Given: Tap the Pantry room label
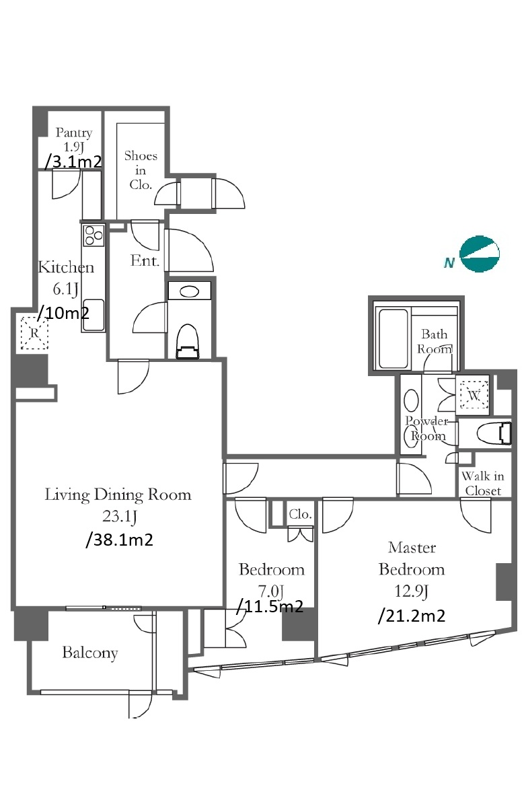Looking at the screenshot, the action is click(x=74, y=133).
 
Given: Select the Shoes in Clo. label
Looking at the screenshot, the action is click(x=141, y=170).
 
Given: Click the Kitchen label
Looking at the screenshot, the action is click(x=66, y=267).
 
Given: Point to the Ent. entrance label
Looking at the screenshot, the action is click(x=145, y=261).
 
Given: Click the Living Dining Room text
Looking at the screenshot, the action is click(x=118, y=495).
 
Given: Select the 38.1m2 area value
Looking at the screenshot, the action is click(x=120, y=540).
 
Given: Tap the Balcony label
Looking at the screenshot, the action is click(x=90, y=653).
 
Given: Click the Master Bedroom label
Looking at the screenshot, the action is click(x=412, y=558).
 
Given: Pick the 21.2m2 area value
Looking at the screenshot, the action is click(x=412, y=616).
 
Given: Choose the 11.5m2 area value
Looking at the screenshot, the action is click(x=270, y=607).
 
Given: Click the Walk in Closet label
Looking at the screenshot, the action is click(x=483, y=483).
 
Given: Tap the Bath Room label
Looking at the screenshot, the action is click(x=435, y=341).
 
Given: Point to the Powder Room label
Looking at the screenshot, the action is click(x=427, y=428).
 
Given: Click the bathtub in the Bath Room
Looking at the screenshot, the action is click(x=393, y=338).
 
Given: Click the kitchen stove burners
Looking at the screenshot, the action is click(x=93, y=235).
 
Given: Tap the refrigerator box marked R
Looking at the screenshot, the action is click(x=34, y=333).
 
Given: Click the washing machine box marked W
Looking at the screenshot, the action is click(x=474, y=395).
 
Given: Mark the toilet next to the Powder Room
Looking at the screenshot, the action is click(x=494, y=433).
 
